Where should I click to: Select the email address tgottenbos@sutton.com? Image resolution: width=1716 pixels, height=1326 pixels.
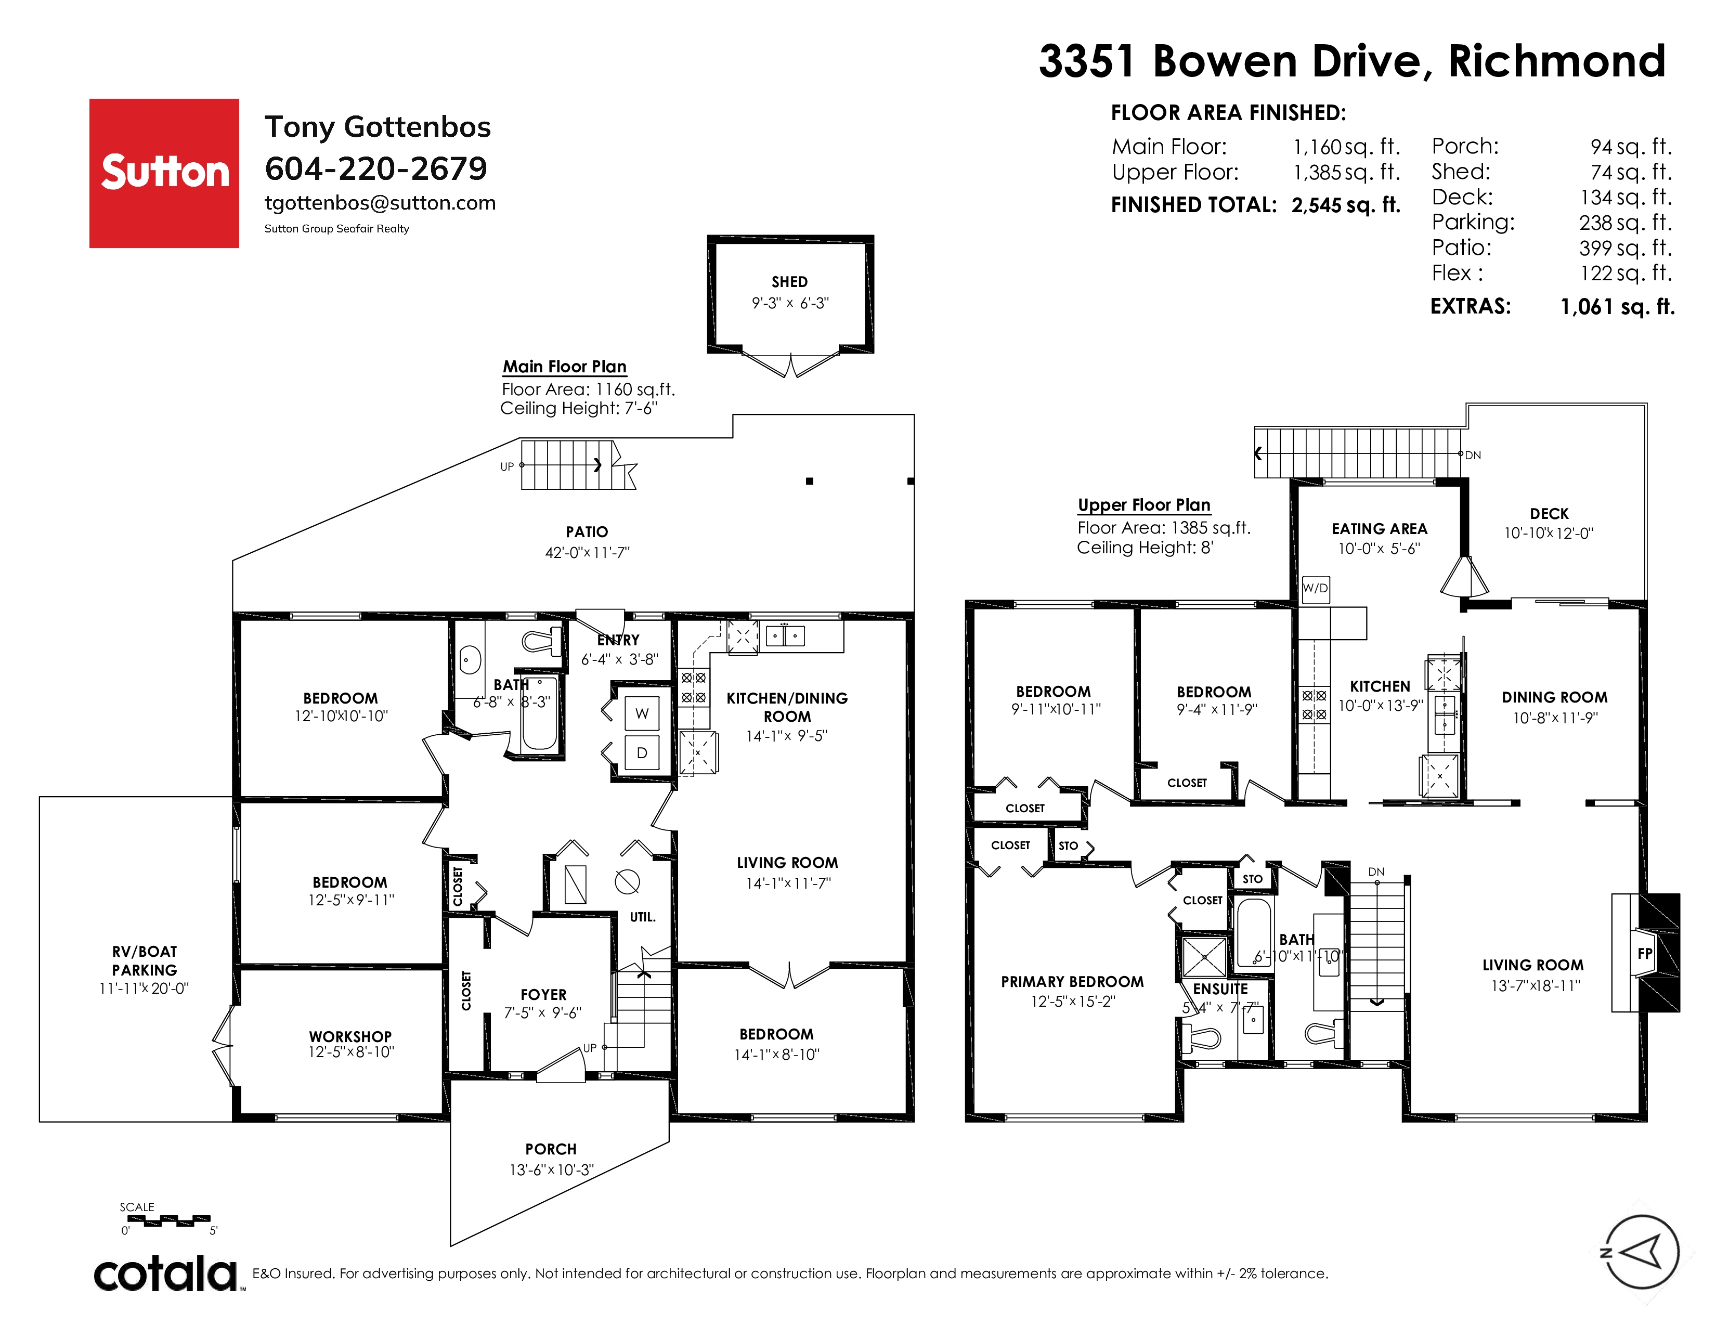pos(380,203)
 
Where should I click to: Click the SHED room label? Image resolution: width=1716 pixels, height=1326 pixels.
pos(790,282)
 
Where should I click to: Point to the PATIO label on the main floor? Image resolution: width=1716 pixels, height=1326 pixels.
pos(587,532)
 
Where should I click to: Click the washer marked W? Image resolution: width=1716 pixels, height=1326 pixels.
pos(642,714)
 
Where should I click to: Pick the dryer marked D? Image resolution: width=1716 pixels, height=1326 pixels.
pos(642,752)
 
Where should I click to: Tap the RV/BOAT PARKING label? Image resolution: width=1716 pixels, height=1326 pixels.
pos(145,961)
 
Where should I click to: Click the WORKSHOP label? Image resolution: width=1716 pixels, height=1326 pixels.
pos(350,1037)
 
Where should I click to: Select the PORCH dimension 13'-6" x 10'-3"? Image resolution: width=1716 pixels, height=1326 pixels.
pos(552,1169)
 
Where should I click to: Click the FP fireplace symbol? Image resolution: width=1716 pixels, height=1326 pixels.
pos(1644,954)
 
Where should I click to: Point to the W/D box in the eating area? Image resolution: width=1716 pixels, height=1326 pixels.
pos(1315,588)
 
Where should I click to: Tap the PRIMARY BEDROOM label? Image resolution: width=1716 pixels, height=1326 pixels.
pos(1072,982)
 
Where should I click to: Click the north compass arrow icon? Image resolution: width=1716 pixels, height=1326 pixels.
pos(1641,1252)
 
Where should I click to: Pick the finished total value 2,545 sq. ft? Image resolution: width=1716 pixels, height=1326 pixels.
pos(1346,205)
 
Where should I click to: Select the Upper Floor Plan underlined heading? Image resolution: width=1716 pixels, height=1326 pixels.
pos(1144,505)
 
